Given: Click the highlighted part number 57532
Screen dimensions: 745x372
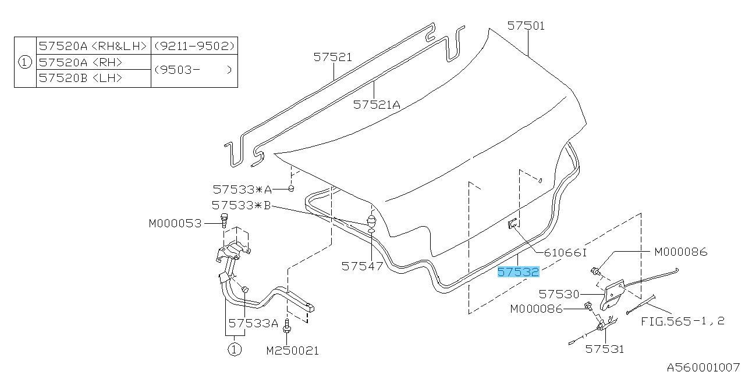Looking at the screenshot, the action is (x=518, y=272).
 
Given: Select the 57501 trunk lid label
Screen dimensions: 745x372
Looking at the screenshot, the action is (x=526, y=26).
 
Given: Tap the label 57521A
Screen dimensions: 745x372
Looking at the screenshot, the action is (x=377, y=105).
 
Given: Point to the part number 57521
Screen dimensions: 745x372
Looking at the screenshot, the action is (x=332, y=57).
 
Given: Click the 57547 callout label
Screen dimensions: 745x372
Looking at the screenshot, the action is (x=362, y=266).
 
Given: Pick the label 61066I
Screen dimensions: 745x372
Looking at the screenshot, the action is (x=565, y=253).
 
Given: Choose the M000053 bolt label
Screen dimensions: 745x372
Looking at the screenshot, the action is (x=175, y=224).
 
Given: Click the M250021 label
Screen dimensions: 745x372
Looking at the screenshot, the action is (x=293, y=350).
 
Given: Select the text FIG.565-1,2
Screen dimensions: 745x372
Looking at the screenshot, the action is (x=683, y=321).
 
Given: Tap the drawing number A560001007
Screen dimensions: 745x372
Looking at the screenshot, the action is (x=704, y=367).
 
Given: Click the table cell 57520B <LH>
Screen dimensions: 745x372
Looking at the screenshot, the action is (x=80, y=78).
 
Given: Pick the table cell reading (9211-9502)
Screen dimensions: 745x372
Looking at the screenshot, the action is (x=194, y=46).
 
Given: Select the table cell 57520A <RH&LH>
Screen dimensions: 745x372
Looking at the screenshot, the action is (x=93, y=46).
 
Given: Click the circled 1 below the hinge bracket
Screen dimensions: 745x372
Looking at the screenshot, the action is (x=235, y=349).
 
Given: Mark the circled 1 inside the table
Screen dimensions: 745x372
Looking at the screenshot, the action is (x=25, y=62).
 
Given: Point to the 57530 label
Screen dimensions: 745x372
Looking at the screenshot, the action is (x=559, y=294).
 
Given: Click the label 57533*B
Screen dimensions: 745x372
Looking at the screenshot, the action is (x=242, y=205).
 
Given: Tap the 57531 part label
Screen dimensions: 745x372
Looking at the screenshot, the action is (x=604, y=349).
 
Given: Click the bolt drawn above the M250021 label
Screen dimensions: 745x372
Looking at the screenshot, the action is (x=287, y=326).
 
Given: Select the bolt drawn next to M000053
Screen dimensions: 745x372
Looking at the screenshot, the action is (x=224, y=220).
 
